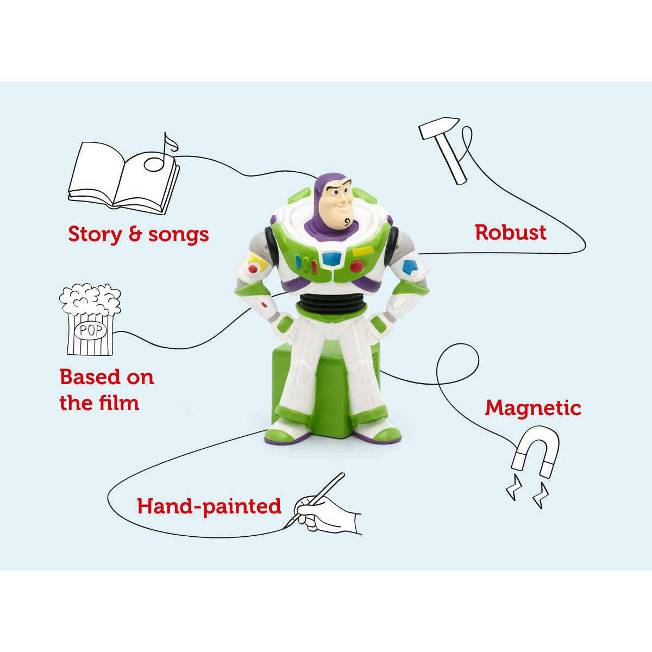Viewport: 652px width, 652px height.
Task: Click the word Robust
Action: [511, 232]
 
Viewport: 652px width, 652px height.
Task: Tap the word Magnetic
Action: [533, 407]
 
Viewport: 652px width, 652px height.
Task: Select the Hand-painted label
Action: [209, 506]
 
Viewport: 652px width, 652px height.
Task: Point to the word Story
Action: [95, 234]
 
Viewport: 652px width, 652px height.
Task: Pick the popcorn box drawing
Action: [90, 321]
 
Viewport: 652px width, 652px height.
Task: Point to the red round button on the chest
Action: [356, 267]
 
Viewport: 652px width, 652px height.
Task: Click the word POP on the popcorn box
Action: [90, 330]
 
